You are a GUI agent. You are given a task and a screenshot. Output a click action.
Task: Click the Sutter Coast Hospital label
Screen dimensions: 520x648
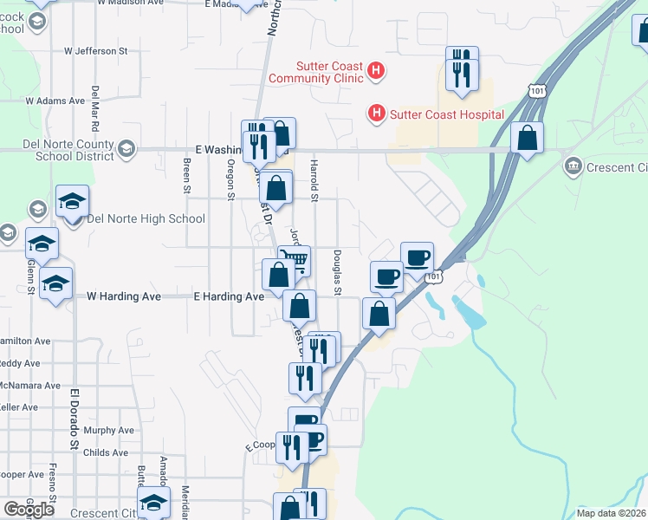point(447,114)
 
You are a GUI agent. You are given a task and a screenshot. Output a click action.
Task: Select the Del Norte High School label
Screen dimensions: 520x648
point(146,218)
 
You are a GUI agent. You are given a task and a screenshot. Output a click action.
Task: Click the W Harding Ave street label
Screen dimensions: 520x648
point(124,296)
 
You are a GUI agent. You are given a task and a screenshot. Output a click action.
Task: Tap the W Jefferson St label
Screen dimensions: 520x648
point(96,51)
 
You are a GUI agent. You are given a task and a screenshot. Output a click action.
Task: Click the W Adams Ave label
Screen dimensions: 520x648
point(55,101)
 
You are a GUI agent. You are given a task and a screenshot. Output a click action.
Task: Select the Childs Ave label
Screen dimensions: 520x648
point(107,452)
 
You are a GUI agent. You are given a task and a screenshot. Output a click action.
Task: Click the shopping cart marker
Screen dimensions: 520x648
point(295,258)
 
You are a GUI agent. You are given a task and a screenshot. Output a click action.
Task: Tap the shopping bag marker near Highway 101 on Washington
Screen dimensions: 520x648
point(526,137)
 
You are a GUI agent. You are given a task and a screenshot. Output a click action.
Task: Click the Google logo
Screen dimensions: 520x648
point(29,510)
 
